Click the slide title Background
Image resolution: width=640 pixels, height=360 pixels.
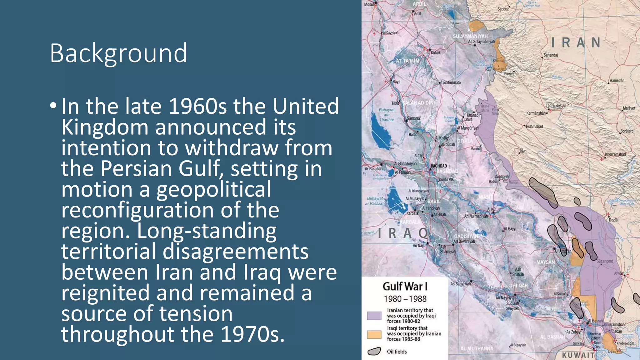[x=118, y=53]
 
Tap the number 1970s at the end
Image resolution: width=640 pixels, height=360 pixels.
[x=252, y=334]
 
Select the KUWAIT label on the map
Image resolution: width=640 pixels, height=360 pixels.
[x=578, y=355]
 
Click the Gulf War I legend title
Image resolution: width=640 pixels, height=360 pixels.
[x=405, y=286]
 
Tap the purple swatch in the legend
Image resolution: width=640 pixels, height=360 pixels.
[x=374, y=316]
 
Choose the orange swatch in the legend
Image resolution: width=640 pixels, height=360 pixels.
[x=374, y=334]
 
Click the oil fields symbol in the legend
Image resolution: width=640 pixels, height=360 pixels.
[x=374, y=351]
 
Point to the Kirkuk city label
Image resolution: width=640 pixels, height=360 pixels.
[x=436, y=53]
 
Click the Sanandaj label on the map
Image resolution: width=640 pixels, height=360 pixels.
[x=551, y=55]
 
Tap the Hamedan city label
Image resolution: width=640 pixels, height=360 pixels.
[x=617, y=81]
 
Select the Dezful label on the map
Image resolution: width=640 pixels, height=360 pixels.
[x=613, y=220]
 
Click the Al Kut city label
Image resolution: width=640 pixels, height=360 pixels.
[x=492, y=209]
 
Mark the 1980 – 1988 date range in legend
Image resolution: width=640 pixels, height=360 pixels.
[x=405, y=299]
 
